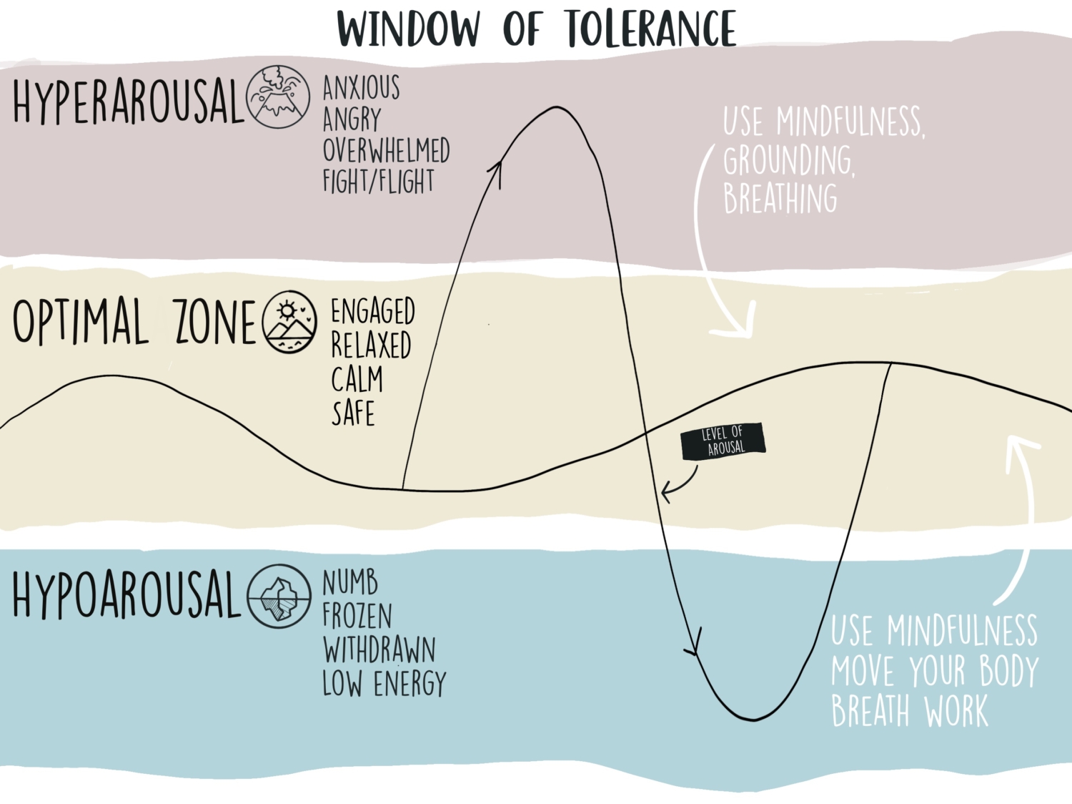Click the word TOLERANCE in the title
pos(650,30)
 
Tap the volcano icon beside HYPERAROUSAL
pos(278,97)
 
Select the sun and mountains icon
pos(289,322)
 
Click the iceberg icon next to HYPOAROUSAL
pos(279,596)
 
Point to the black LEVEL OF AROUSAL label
pos(723,441)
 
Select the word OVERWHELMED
pos(386,150)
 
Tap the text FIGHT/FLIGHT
pos(378,182)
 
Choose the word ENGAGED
pos(372,312)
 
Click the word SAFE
pos(353,413)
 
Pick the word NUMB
pos(350,583)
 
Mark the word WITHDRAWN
pos(379,650)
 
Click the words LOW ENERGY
pos(384,684)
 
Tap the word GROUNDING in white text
pos(788,161)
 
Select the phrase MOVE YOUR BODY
pos(934,671)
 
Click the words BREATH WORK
pos(909,711)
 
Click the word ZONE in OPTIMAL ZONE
pos(214,322)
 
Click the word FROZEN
pos(357,616)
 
